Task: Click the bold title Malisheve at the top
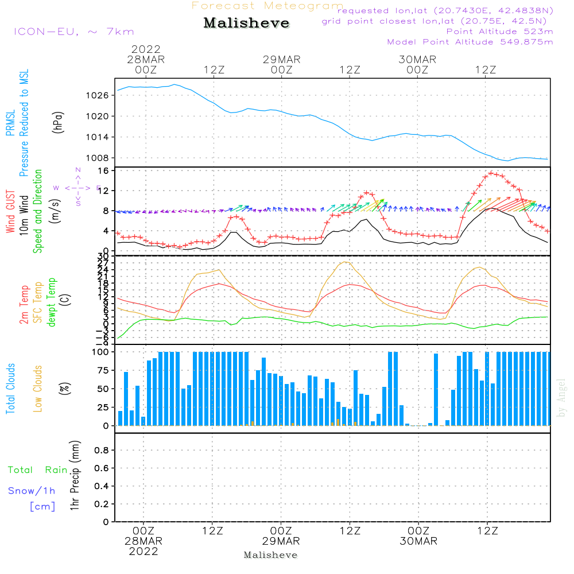point(247,24)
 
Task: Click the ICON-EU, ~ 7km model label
point(73,32)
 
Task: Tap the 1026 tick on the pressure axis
point(99,95)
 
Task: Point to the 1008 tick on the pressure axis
point(99,158)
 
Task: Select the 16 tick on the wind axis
point(104,170)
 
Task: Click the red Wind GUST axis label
point(10,211)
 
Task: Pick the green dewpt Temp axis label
point(52,302)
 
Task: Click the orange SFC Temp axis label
point(38,302)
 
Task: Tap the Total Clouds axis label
point(10,389)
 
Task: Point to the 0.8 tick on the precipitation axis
point(100,451)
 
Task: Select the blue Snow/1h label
point(32,491)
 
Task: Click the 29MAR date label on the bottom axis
point(281,541)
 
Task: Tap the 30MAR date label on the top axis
point(417,60)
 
